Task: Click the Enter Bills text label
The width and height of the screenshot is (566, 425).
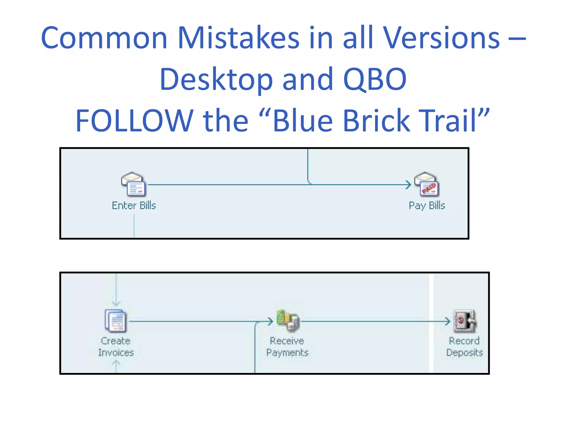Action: [134, 206]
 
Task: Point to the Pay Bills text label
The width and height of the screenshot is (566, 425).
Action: [427, 206]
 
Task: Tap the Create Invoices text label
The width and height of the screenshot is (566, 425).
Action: [116, 347]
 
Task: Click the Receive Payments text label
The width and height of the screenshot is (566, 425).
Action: [287, 347]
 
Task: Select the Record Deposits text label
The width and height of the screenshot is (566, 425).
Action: [465, 347]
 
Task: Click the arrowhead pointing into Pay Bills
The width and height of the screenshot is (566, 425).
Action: [408, 185]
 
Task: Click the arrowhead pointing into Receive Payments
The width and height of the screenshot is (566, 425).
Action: [270, 322]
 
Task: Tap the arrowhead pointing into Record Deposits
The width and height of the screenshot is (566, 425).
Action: [447, 322]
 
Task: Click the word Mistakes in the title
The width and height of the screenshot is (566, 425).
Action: [239, 38]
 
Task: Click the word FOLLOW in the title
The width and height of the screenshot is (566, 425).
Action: [134, 121]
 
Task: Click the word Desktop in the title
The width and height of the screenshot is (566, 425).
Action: [216, 79]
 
